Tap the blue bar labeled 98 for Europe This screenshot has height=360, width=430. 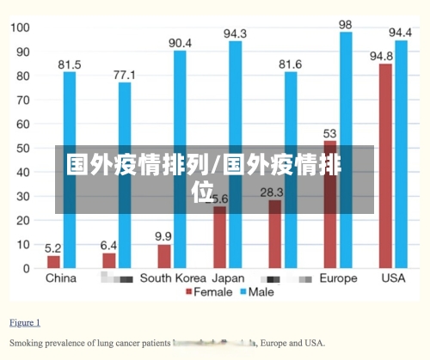(346, 150)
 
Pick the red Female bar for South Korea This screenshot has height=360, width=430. (163, 256)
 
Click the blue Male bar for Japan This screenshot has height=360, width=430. (235, 155)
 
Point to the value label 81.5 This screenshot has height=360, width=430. (70, 64)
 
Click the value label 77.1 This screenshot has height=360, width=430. (126, 75)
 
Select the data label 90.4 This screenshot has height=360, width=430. (180, 43)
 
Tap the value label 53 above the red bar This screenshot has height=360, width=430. (330, 133)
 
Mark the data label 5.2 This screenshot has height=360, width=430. (53, 247)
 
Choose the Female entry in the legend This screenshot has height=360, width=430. (209, 293)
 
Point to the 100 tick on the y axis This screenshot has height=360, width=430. (20, 27)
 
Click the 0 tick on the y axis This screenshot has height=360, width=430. (26, 269)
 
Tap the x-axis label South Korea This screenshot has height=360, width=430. (173, 278)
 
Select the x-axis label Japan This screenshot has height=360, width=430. (228, 278)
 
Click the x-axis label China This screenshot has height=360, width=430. (60, 278)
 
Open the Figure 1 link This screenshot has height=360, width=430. (24, 323)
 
